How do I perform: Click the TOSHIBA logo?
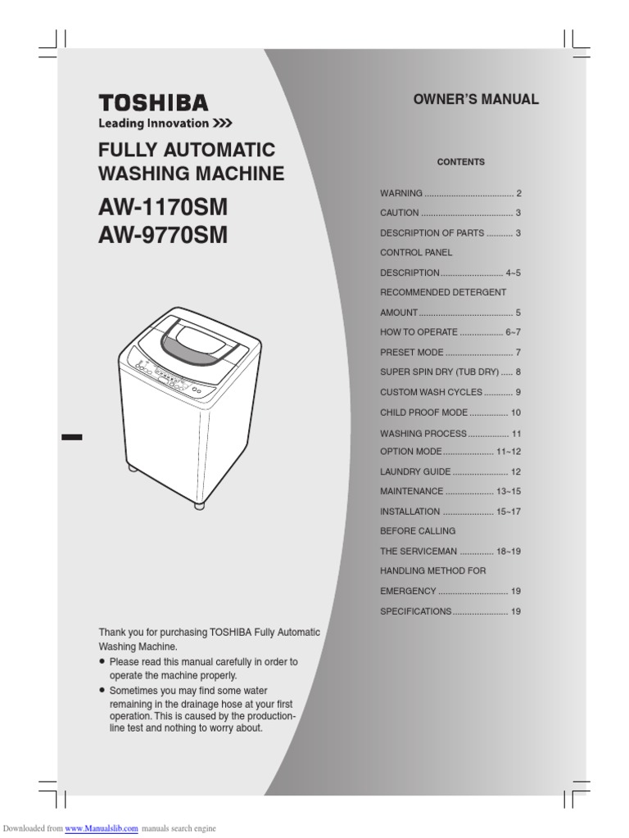[153, 103]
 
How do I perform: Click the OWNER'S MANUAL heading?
[476, 100]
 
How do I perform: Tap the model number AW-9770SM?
[163, 236]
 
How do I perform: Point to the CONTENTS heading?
[460, 162]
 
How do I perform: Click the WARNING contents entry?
[401, 194]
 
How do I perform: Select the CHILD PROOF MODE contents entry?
[422, 412]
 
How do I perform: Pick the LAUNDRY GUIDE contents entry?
[415, 472]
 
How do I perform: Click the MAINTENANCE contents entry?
[412, 492]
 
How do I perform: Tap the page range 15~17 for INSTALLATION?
[508, 511]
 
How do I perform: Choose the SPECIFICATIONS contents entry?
[415, 611]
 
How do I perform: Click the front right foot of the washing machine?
[199, 505]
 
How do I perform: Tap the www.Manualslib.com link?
[102, 829]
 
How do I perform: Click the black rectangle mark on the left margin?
[72, 436]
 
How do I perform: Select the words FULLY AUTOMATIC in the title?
[187, 151]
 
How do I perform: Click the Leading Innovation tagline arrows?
[223, 124]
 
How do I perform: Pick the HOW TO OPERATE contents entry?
[419, 333]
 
